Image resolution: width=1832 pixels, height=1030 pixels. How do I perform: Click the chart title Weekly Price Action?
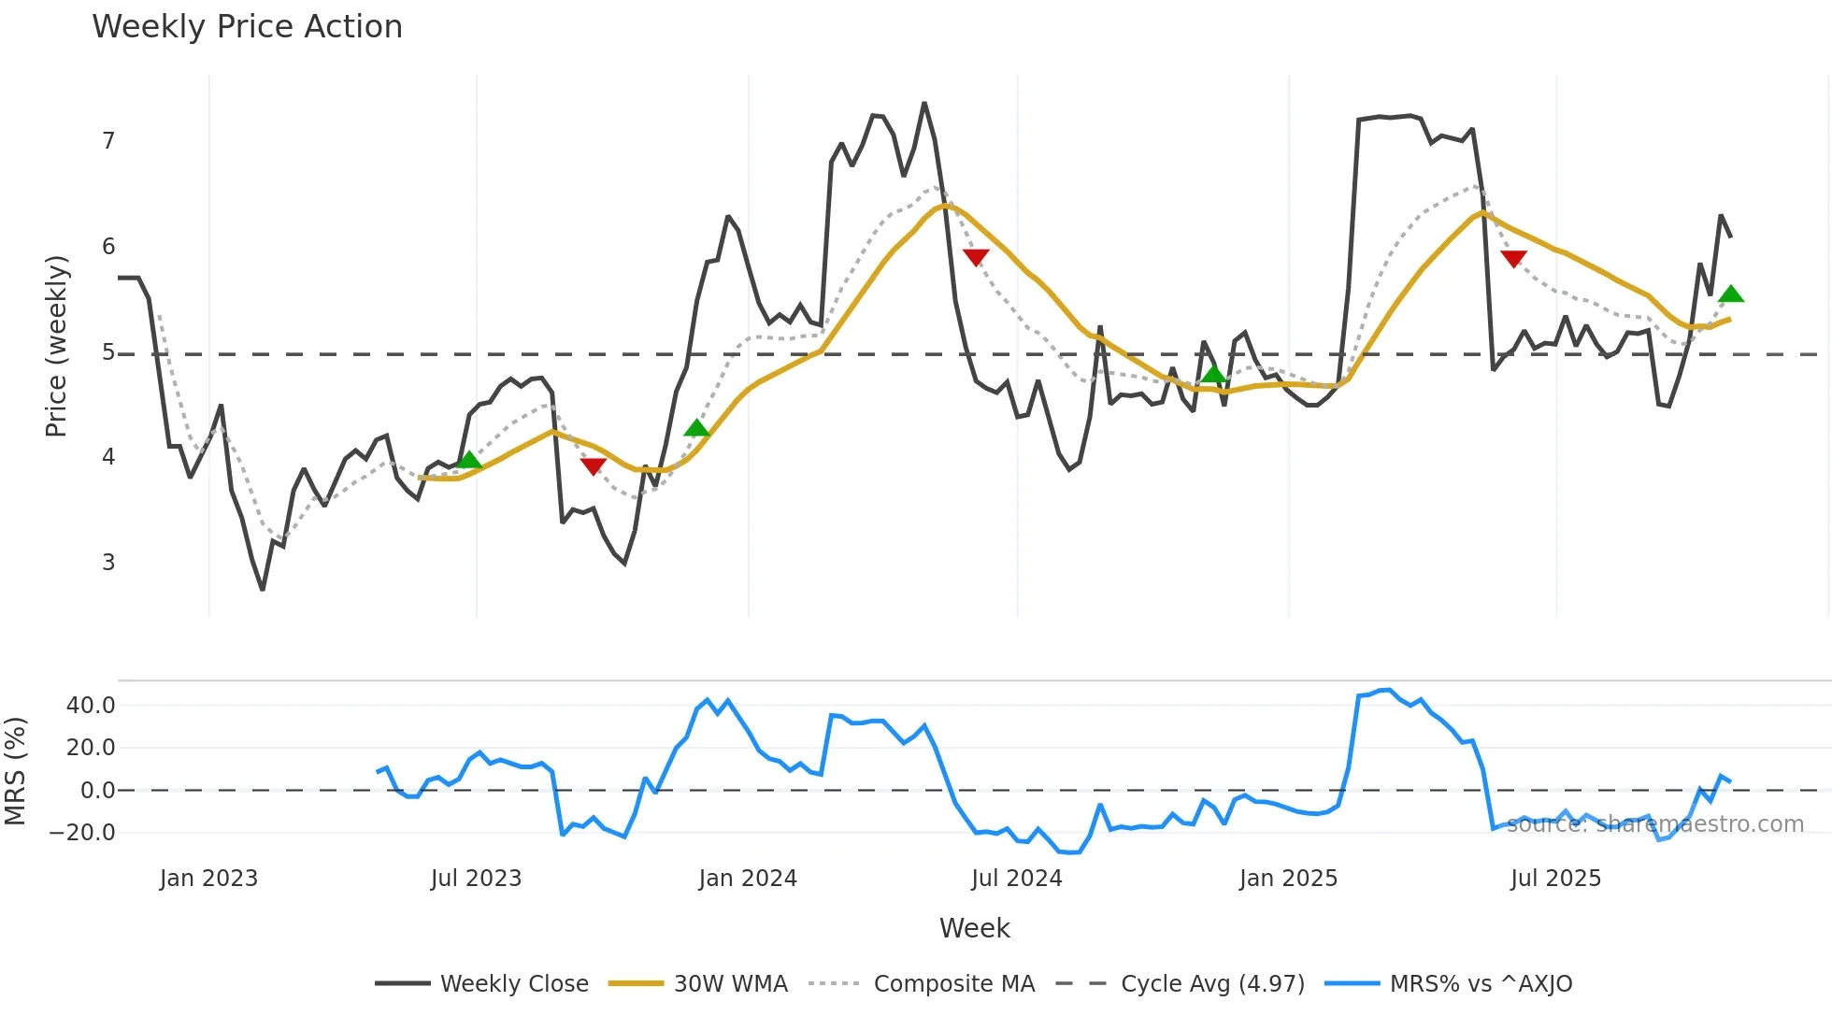[247, 27]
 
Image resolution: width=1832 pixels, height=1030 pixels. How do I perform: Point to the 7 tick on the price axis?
[108, 141]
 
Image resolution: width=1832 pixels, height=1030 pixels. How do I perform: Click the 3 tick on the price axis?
[108, 563]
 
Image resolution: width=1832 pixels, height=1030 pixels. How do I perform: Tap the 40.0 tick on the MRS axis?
[91, 706]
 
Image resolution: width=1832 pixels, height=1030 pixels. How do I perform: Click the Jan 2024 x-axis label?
[748, 879]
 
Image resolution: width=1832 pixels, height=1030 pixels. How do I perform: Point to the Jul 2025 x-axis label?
[1555, 879]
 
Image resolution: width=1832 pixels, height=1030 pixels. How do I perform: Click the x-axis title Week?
[974, 928]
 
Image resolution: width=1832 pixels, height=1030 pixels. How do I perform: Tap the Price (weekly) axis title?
[56, 346]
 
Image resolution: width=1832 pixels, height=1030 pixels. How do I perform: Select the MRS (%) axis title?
[16, 771]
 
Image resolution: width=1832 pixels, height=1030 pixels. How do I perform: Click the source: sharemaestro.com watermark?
[1654, 824]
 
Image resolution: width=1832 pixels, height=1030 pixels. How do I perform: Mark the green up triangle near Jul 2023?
[469, 460]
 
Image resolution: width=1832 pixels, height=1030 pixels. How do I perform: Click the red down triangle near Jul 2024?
[976, 257]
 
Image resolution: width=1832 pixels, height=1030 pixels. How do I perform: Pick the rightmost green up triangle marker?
[1731, 294]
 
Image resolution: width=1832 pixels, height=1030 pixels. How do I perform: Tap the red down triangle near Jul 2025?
[1513, 258]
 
